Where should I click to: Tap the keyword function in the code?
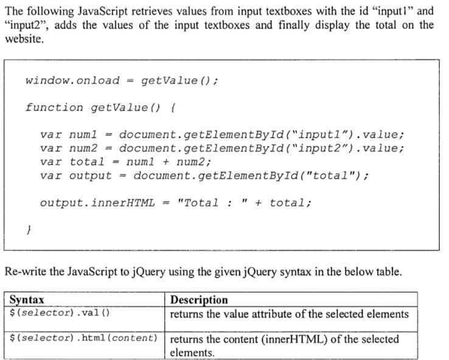click(x=54, y=108)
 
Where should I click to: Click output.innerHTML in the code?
click(x=97, y=202)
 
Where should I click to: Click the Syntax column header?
click(x=27, y=300)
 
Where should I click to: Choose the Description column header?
click(x=199, y=300)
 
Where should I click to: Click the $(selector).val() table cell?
click(x=60, y=313)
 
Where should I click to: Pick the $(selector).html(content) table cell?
click(x=84, y=337)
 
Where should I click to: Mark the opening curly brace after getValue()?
click(x=174, y=108)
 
